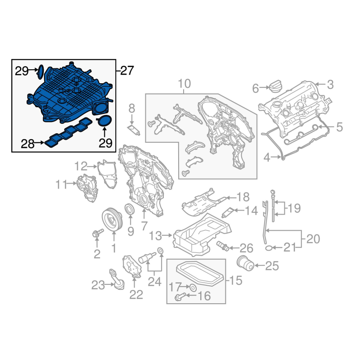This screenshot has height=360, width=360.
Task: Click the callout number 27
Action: coord(127,71)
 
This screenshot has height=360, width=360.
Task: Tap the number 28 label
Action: coord(27,144)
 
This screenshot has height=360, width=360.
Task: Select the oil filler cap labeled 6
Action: coord(276,86)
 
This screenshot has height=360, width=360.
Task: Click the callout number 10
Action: coord(184,84)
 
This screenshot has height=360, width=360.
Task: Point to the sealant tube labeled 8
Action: coord(134,130)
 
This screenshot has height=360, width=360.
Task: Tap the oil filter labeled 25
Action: coord(245,263)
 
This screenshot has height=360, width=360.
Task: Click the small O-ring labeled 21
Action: coord(269,248)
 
